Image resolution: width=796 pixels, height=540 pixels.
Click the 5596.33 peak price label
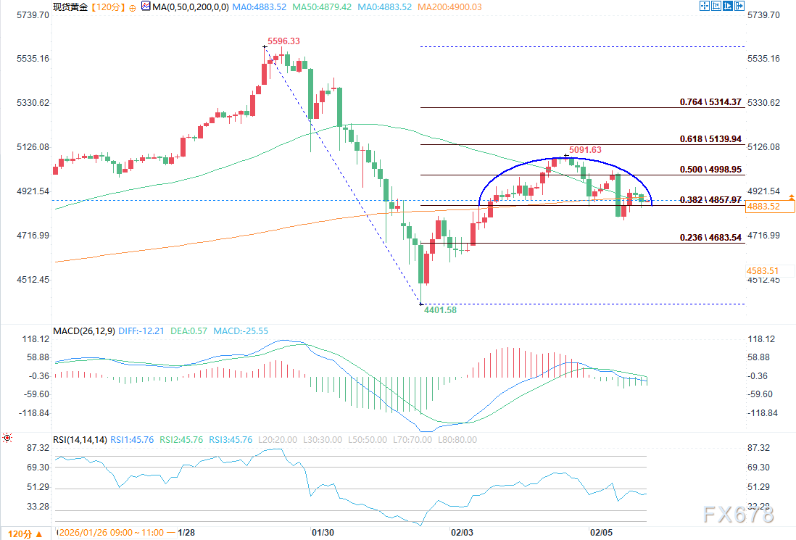(x=283, y=41)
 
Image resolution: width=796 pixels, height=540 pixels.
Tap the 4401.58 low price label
(x=440, y=310)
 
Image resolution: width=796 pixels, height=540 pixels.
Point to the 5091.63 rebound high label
(x=585, y=150)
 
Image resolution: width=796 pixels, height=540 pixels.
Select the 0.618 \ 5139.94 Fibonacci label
(x=711, y=138)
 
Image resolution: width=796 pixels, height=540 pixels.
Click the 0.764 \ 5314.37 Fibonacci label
(x=711, y=102)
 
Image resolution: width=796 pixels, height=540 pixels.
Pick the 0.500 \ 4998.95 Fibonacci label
(x=711, y=170)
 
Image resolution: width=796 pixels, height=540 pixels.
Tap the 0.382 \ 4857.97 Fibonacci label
(x=711, y=199)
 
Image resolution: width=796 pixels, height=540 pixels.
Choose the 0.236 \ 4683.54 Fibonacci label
(x=711, y=238)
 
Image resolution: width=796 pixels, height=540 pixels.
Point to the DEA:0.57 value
(x=189, y=331)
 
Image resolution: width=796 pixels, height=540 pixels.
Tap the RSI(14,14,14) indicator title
(x=80, y=439)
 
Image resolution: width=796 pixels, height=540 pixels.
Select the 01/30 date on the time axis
(x=322, y=533)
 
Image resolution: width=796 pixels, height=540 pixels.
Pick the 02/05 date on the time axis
(x=602, y=533)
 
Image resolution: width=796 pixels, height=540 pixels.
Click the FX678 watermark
(x=738, y=515)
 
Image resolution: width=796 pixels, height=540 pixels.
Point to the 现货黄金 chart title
(x=70, y=7)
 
